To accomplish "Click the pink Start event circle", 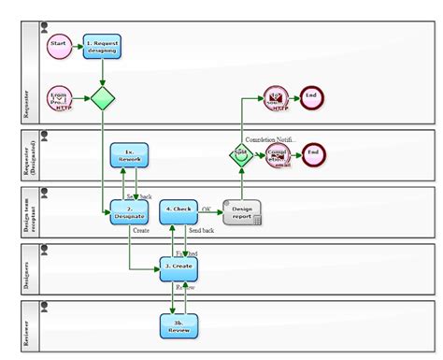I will (58, 46).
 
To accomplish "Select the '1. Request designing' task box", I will (101, 46).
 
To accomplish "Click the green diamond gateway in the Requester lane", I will (101, 98).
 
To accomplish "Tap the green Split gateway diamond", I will (241, 153).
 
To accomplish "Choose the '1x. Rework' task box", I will (129, 156).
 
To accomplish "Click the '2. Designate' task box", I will (129, 212).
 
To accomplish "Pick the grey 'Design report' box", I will (241, 211).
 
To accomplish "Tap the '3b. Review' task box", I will (179, 325).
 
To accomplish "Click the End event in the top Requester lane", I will (313, 97).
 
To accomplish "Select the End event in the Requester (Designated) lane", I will (313, 153).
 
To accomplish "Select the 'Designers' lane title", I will (27, 269).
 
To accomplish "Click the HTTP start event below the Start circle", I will (59, 98).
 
